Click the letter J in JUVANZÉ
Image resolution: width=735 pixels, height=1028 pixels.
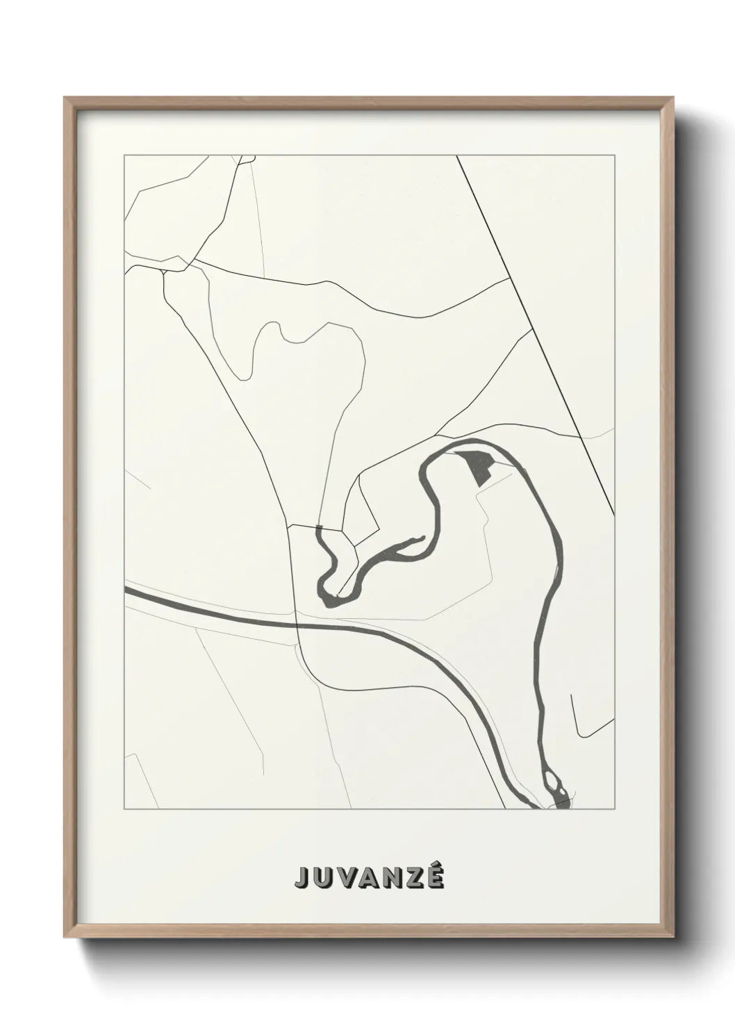[302, 877]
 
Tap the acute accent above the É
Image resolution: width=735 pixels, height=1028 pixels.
[436, 865]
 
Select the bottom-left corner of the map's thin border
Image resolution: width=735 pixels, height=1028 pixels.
[124, 809]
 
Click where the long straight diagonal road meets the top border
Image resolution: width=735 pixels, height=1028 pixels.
[457, 156]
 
